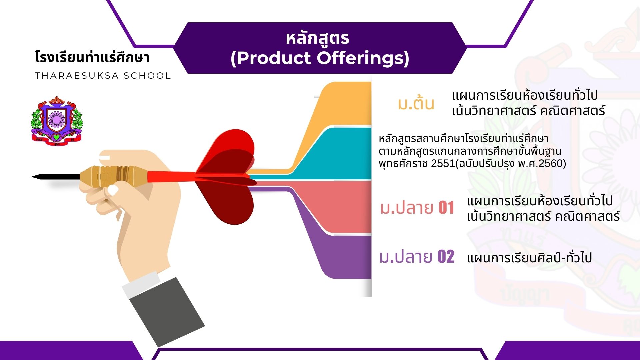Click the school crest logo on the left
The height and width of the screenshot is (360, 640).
coord(56,121)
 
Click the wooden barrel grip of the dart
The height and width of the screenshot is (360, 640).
coord(113,176)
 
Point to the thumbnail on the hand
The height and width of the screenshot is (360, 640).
coord(113,190)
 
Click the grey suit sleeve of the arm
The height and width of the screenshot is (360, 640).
coord(167,312)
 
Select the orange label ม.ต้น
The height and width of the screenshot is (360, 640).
coord(416,103)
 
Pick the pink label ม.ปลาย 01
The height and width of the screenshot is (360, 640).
coord(417,208)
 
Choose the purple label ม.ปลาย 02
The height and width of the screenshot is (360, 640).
coord(417,257)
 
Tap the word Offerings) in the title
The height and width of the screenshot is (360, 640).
coord(363,58)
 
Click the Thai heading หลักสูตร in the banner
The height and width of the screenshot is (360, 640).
coord(318,38)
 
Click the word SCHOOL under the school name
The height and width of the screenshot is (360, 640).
coord(147,76)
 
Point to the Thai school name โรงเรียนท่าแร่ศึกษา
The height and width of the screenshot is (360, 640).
coord(92,57)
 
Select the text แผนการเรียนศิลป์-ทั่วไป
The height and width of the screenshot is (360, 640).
coord(529,258)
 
